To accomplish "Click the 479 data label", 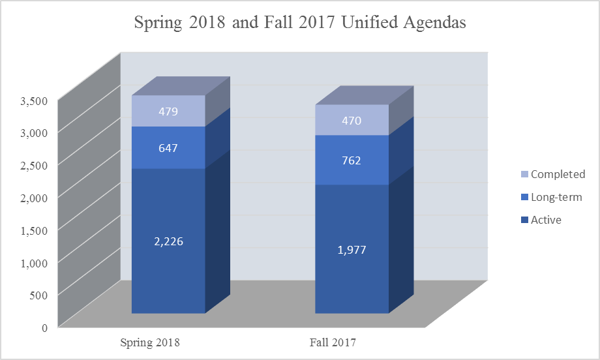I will tap(168, 112).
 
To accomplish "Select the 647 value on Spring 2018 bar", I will tap(168, 148).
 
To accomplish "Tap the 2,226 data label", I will tap(168, 241).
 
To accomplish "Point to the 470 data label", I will tap(352, 121).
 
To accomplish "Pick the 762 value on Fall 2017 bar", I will tap(352, 160).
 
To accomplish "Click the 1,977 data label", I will tap(352, 249).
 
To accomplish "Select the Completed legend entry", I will tap(558, 174).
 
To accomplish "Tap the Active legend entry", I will tap(546, 220).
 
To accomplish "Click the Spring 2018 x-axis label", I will tap(150, 342).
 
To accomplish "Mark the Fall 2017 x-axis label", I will tap(334, 342).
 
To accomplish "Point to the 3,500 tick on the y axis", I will tap(34, 100).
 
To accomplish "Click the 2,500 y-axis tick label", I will tap(34, 165).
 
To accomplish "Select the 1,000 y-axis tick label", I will tap(34, 262).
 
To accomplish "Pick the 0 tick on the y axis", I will tap(44, 327).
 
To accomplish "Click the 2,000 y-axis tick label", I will tap(34, 198).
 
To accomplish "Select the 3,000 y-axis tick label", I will tap(34, 133).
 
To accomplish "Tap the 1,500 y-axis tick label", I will tap(34, 230).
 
